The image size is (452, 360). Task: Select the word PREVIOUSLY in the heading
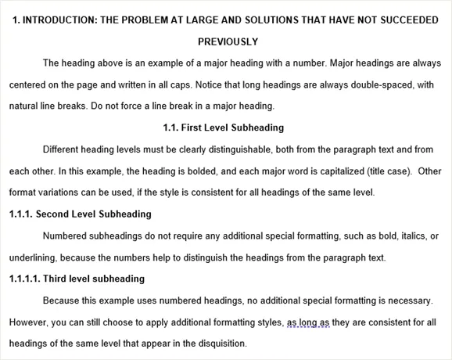point(228,41)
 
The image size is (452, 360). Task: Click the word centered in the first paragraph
point(30,85)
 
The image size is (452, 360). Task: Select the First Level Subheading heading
point(223,128)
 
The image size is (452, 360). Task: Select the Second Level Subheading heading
point(80,214)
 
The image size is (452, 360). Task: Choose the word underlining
point(31,257)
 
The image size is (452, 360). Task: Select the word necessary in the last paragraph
point(409,300)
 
